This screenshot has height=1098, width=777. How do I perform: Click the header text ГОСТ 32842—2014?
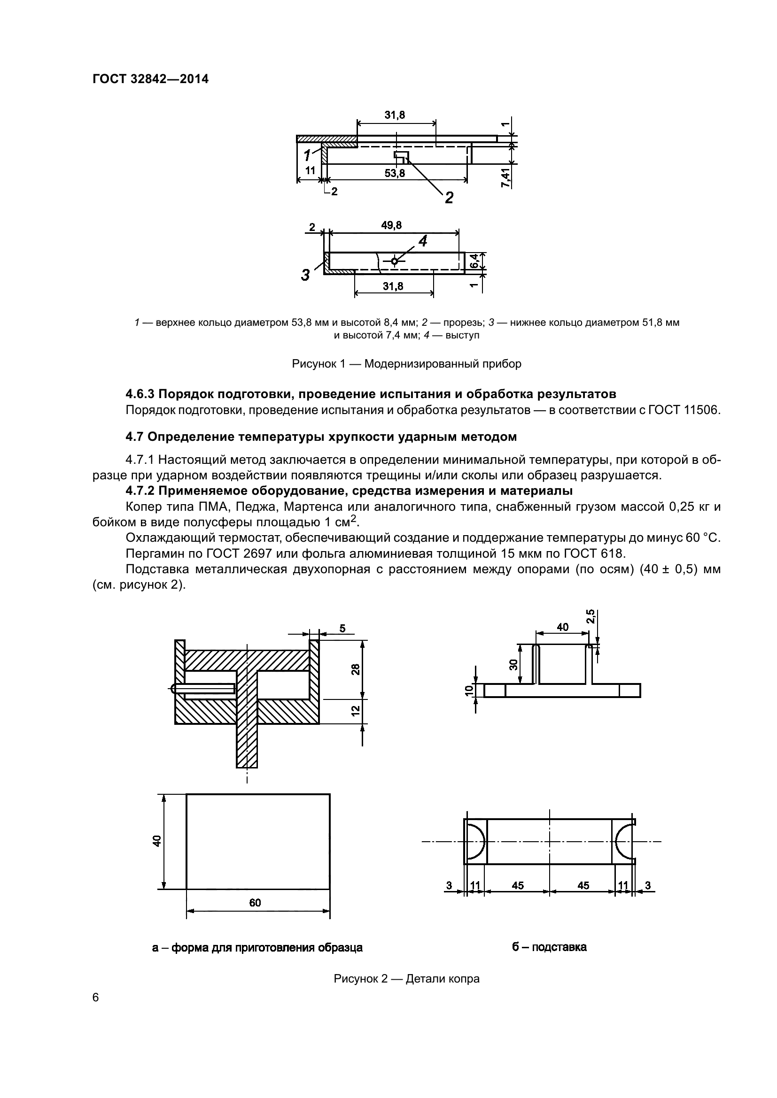150,79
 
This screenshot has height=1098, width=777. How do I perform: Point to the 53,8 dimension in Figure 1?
394,173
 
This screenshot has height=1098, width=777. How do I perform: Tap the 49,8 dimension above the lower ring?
391,225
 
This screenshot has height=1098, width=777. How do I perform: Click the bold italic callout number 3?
305,275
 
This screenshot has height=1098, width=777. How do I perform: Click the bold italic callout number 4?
423,241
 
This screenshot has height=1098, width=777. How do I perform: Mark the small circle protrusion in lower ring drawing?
394,261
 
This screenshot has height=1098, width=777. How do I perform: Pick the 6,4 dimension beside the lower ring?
474,261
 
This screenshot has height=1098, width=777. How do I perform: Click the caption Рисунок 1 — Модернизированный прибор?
406,364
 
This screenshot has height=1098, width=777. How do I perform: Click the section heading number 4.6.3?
140,394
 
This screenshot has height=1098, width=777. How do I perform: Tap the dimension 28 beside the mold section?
355,669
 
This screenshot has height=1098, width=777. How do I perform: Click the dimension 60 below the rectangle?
255,902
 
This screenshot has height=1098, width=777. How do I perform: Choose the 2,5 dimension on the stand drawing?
591,616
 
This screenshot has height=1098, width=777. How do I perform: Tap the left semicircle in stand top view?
475,841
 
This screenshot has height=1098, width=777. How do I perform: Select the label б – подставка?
549,947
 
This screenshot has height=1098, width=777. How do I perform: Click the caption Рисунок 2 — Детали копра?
406,979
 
